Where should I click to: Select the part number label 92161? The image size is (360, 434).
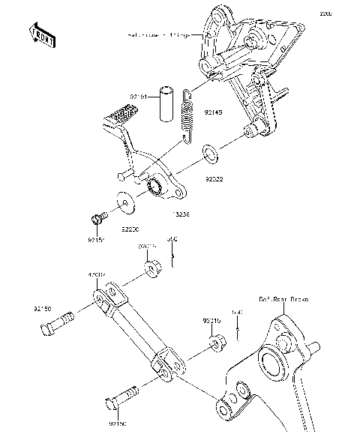coord(139,97)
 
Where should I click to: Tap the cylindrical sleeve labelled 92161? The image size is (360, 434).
coord(165,105)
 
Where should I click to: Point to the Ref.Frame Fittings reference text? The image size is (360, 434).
coord(161,35)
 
